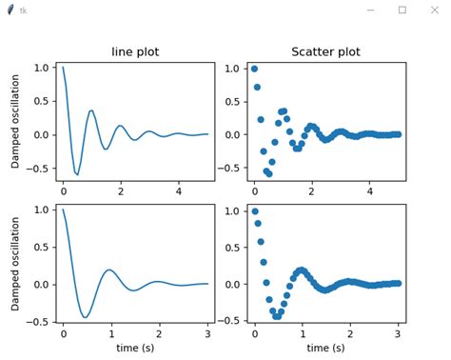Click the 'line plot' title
[x=135, y=51]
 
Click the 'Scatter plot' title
[x=326, y=51]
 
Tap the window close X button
[x=436, y=10]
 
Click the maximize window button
[x=402, y=10]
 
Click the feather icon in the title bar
[x=10, y=10]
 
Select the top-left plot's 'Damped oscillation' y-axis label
[x=15, y=122]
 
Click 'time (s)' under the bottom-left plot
[x=135, y=349]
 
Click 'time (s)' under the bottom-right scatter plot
[x=326, y=349]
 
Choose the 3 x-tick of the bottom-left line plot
[x=207, y=334]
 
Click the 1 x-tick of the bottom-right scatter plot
[x=302, y=334]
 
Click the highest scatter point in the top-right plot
[x=254, y=69]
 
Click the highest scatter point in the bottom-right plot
[x=254, y=210]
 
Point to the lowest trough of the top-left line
[x=77, y=174]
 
